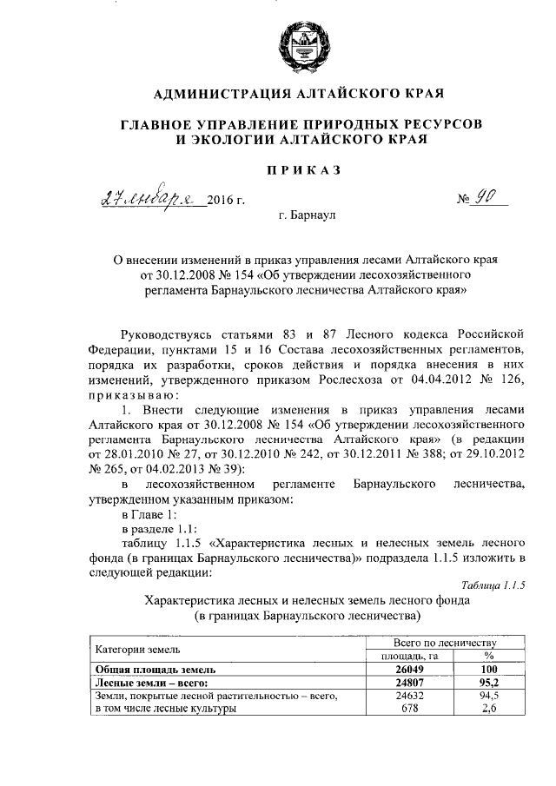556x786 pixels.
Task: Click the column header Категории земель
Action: pos(137,649)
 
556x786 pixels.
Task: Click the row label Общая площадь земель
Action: pos(154,670)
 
